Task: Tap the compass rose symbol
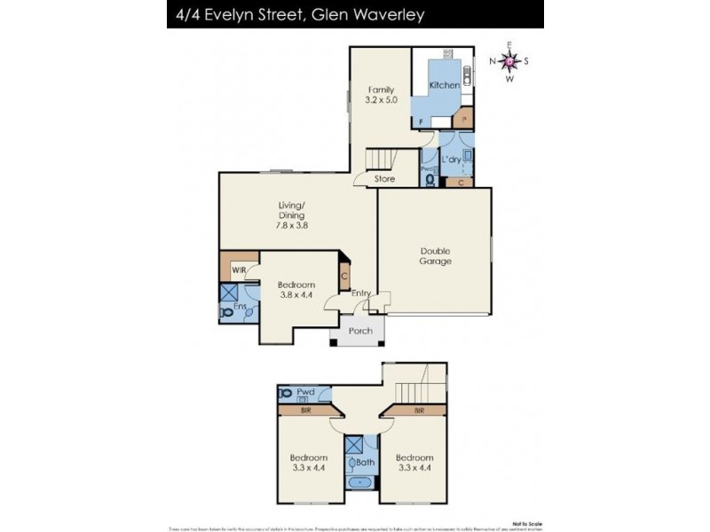pyautogui.click(x=509, y=61)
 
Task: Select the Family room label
pyautogui.click(x=382, y=94)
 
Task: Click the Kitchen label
pyautogui.click(x=445, y=85)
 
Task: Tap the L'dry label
pyautogui.click(x=452, y=159)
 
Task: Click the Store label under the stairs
pyautogui.click(x=383, y=178)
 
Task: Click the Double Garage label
pyautogui.click(x=436, y=255)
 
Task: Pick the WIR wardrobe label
pyautogui.click(x=238, y=270)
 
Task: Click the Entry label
pyautogui.click(x=361, y=293)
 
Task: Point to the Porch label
pyautogui.click(x=359, y=331)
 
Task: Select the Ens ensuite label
pyautogui.click(x=239, y=307)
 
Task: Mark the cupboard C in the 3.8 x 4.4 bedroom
pyautogui.click(x=344, y=277)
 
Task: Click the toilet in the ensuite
pyautogui.click(x=225, y=311)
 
